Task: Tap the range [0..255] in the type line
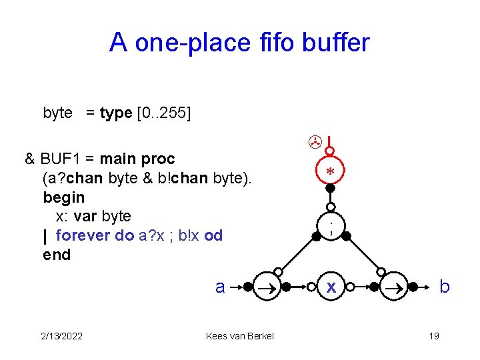coord(163,113)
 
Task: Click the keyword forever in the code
coord(85,235)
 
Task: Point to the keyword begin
coord(64,197)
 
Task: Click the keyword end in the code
coord(57,255)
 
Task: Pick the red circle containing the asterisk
coord(330,171)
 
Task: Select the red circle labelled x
coord(331,287)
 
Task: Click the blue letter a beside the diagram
coord(220,287)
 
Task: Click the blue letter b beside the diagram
coord(445,287)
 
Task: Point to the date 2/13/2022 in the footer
coord(61,335)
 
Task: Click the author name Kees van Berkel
coord(240,335)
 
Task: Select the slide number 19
coord(434,335)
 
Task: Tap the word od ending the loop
coord(214,235)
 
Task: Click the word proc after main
coord(158,159)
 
